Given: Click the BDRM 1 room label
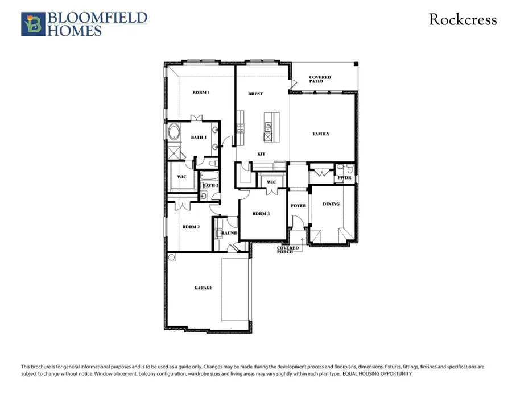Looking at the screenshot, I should click(x=201, y=92).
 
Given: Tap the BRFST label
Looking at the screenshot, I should click(x=255, y=94).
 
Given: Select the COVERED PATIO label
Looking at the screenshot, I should click(x=320, y=79).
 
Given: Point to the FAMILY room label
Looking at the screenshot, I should click(x=321, y=134).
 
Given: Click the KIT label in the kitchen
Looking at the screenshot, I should click(x=262, y=154).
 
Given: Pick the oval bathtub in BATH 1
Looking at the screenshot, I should click(x=174, y=134).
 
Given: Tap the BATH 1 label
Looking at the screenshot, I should click(x=199, y=138).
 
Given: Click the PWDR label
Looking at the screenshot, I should click(x=344, y=178).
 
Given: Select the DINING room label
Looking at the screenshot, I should click(x=331, y=204).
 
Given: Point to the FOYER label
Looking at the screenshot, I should click(x=298, y=206).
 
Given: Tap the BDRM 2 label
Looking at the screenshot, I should click(x=191, y=227).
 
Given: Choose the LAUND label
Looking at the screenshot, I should click(x=230, y=233).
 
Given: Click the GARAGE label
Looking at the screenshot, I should click(x=203, y=288).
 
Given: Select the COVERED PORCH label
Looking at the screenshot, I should click(x=288, y=250).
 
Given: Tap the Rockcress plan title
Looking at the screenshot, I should click(x=463, y=20).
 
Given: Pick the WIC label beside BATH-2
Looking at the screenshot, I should click(x=181, y=177).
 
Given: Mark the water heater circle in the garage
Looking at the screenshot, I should click(x=172, y=257).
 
